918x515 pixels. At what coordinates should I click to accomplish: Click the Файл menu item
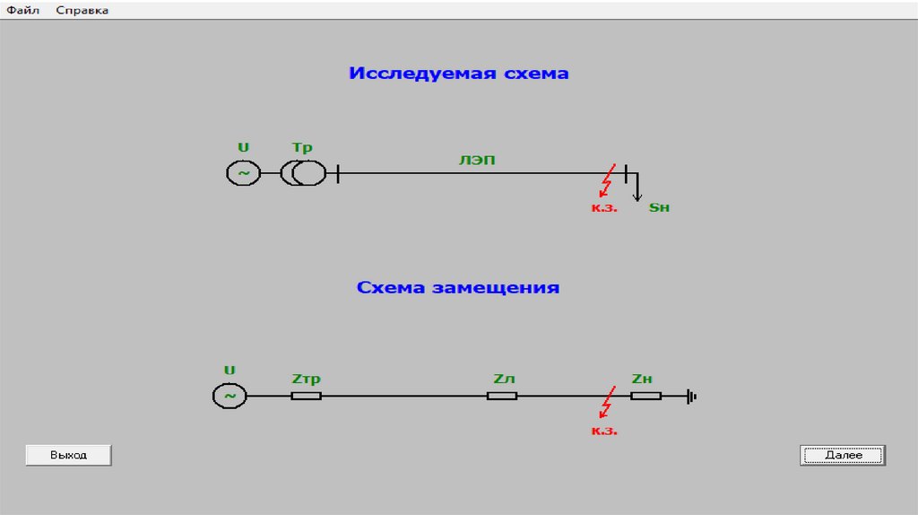point(23,10)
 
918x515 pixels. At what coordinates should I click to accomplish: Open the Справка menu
point(82,10)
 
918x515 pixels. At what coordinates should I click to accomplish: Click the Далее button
point(843,455)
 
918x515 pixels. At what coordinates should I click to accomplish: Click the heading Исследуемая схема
point(458,74)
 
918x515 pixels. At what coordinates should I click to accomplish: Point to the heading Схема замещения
point(458,288)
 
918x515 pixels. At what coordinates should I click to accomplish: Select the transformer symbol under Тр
point(304,172)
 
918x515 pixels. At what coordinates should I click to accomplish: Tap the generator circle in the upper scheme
point(243,172)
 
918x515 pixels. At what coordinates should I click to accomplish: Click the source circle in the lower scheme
point(229,395)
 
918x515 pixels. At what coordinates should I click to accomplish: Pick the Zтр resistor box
point(306,395)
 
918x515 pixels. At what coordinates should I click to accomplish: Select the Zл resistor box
point(502,395)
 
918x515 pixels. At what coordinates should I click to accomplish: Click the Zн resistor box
point(645,395)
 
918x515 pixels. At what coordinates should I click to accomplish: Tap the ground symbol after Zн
point(691,395)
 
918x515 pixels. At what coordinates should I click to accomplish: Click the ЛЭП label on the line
point(477,161)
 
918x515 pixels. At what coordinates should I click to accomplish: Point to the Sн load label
point(659,208)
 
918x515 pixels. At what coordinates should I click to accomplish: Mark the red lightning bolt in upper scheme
point(608,180)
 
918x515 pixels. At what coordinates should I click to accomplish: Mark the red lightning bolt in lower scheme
point(608,403)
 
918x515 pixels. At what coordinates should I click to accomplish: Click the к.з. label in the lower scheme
point(604,431)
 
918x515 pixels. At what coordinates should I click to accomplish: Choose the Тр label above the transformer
point(302,147)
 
